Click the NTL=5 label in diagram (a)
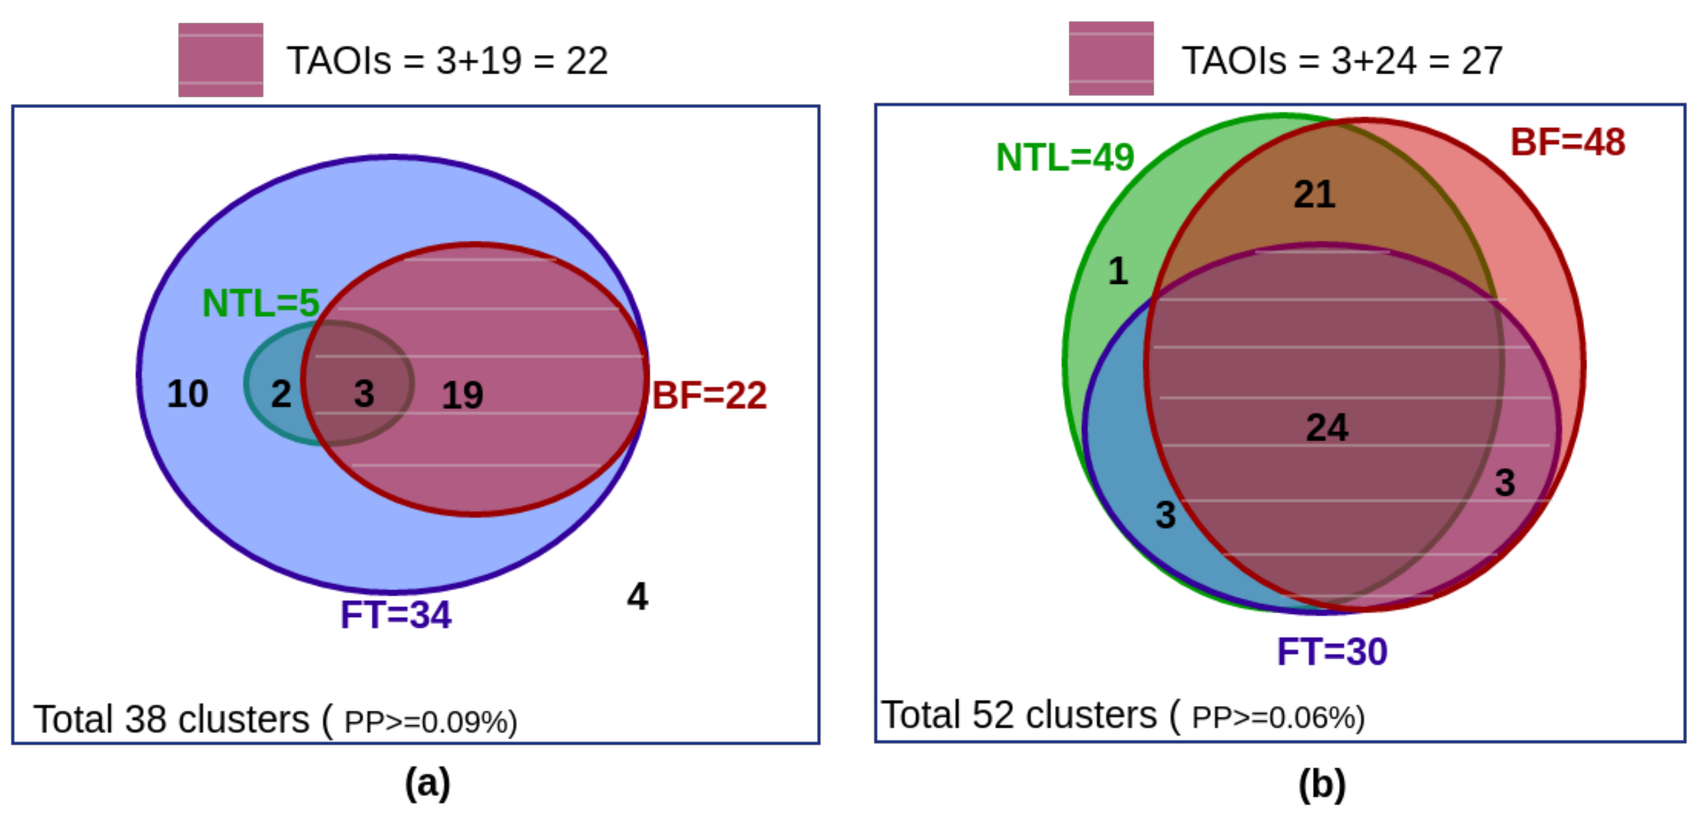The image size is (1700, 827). tap(261, 303)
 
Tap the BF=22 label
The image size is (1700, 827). tap(710, 396)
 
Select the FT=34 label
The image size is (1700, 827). tap(396, 615)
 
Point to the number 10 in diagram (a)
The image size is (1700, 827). tap(187, 394)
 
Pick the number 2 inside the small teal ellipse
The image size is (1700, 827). tap(281, 394)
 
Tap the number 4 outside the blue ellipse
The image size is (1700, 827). tap(637, 597)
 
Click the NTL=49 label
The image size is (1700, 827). tap(1065, 158)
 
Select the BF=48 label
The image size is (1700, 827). tap(1567, 142)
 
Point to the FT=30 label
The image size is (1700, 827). tap(1333, 652)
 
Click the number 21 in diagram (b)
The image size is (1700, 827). tap(1315, 195)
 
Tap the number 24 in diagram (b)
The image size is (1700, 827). tap(1327, 428)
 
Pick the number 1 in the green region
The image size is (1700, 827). tap(1118, 271)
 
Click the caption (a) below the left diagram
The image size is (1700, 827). tap(428, 783)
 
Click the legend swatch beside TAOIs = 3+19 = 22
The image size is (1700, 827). tap(221, 59)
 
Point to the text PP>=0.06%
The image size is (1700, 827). tap(1278, 717)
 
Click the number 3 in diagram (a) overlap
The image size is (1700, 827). tap(364, 394)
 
